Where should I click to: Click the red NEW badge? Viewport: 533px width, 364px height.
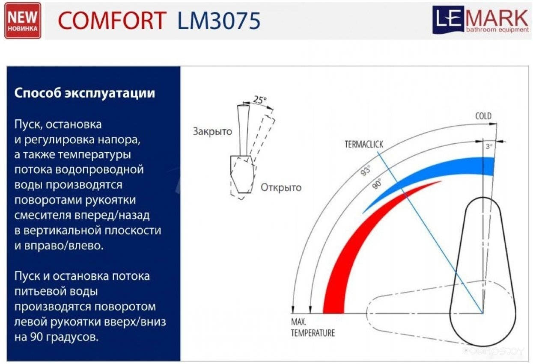pos(23,21)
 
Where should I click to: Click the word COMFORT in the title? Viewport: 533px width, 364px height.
pos(112,21)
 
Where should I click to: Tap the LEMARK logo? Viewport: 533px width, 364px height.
pos(481,20)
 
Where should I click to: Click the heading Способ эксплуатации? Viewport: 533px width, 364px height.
pos(85,93)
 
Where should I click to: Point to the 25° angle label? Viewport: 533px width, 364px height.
pos(259,100)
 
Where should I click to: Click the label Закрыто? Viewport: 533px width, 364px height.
pos(212,131)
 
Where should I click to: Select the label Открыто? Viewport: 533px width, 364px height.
pos(281,188)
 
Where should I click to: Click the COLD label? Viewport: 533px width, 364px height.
pos(483,116)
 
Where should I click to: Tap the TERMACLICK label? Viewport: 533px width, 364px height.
pos(364,144)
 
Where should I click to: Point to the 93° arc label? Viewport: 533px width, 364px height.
pos(366,171)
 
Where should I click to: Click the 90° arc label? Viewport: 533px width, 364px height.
pos(377,184)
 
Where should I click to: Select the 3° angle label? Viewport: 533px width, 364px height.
pos(489,146)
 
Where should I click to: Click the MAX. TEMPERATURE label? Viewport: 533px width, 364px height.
pos(313,328)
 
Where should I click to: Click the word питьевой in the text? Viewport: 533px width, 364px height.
pos(56,291)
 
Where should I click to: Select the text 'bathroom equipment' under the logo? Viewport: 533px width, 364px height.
pos(497,30)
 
